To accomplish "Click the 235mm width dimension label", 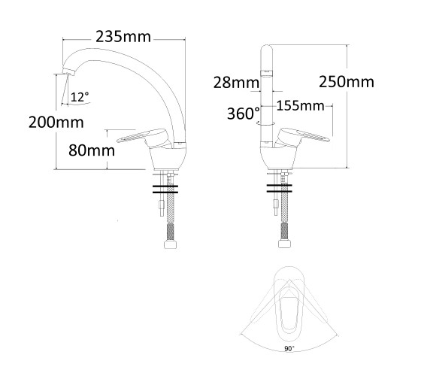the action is pyautogui.click(x=123, y=37).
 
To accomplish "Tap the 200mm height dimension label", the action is pyautogui.click(x=56, y=122).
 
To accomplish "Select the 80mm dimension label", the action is pyautogui.click(x=92, y=150).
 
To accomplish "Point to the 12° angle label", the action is pyautogui.click(x=80, y=97).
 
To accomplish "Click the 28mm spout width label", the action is pyautogui.click(x=236, y=83).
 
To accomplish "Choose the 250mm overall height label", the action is pyautogui.click(x=347, y=82).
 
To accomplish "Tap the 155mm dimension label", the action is pyautogui.click(x=300, y=105).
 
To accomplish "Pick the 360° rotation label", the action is pyautogui.click(x=244, y=114).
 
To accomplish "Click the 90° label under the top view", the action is pyautogui.click(x=289, y=349).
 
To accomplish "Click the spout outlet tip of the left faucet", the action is pyautogui.click(x=68, y=71).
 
